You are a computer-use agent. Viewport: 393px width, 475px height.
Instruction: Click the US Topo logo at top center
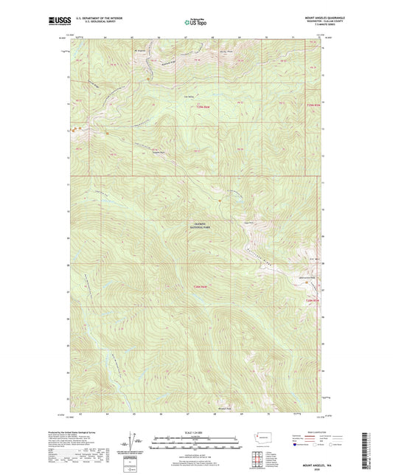(x=195, y=23)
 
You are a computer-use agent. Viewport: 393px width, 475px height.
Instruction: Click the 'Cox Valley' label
(x=188, y=94)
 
